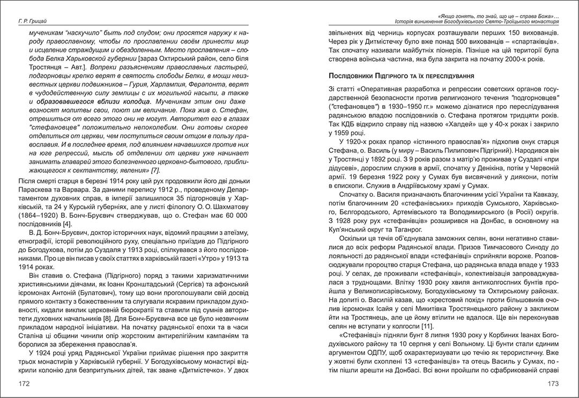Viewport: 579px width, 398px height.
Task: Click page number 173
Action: pos(552,384)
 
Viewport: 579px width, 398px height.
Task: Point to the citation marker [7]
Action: pos(155,171)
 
